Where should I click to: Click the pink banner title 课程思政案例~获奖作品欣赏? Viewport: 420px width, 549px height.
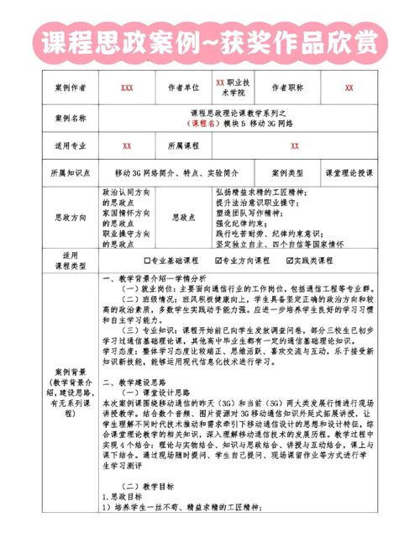point(210,40)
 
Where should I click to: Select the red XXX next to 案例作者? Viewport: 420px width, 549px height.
point(127,87)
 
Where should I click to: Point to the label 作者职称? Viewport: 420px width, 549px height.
point(290,87)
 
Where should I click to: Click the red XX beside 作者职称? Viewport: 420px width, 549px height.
point(349,87)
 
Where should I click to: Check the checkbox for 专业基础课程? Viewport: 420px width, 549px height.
point(148,261)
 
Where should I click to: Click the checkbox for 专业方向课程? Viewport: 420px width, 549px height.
point(219,261)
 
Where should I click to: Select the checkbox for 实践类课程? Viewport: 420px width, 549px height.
point(290,261)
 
